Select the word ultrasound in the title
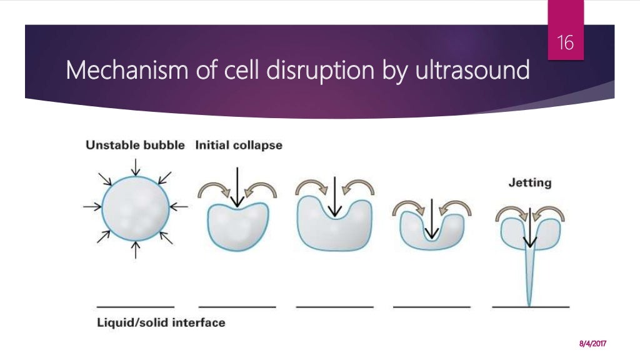[476, 71]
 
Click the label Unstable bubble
[135, 146]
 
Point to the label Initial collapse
[239, 146]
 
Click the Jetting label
[529, 183]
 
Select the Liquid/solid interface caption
[161, 323]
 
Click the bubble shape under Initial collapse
[237, 228]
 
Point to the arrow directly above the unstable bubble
[136, 167]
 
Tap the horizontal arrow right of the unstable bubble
[178, 206]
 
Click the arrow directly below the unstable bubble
[136, 250]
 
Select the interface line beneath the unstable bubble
[136, 307]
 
